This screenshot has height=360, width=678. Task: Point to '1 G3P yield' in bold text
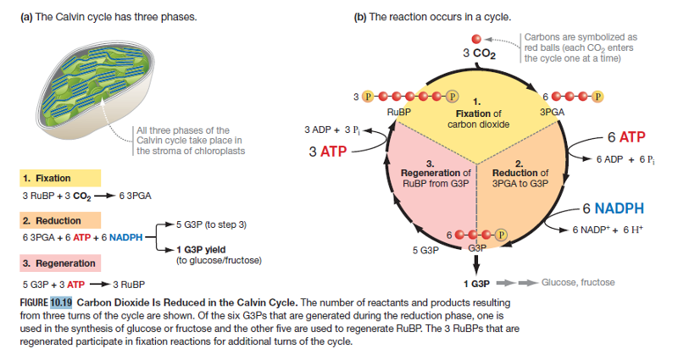[x=200, y=249]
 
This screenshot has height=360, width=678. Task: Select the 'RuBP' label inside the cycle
[x=397, y=111]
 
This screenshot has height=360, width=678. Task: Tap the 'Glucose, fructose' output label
[x=578, y=282]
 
